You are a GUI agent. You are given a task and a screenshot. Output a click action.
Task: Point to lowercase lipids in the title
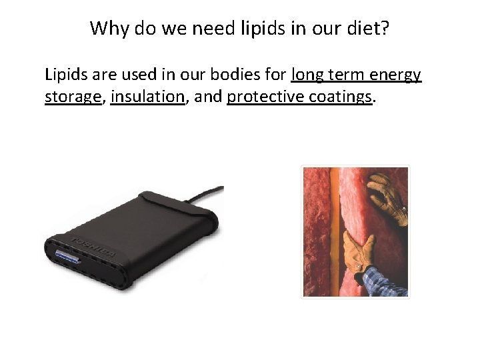[254, 28]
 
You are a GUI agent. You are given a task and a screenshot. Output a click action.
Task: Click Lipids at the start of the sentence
[64, 75]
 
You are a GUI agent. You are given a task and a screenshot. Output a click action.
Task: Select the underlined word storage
[73, 97]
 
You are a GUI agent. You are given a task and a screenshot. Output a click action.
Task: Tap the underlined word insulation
[147, 97]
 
